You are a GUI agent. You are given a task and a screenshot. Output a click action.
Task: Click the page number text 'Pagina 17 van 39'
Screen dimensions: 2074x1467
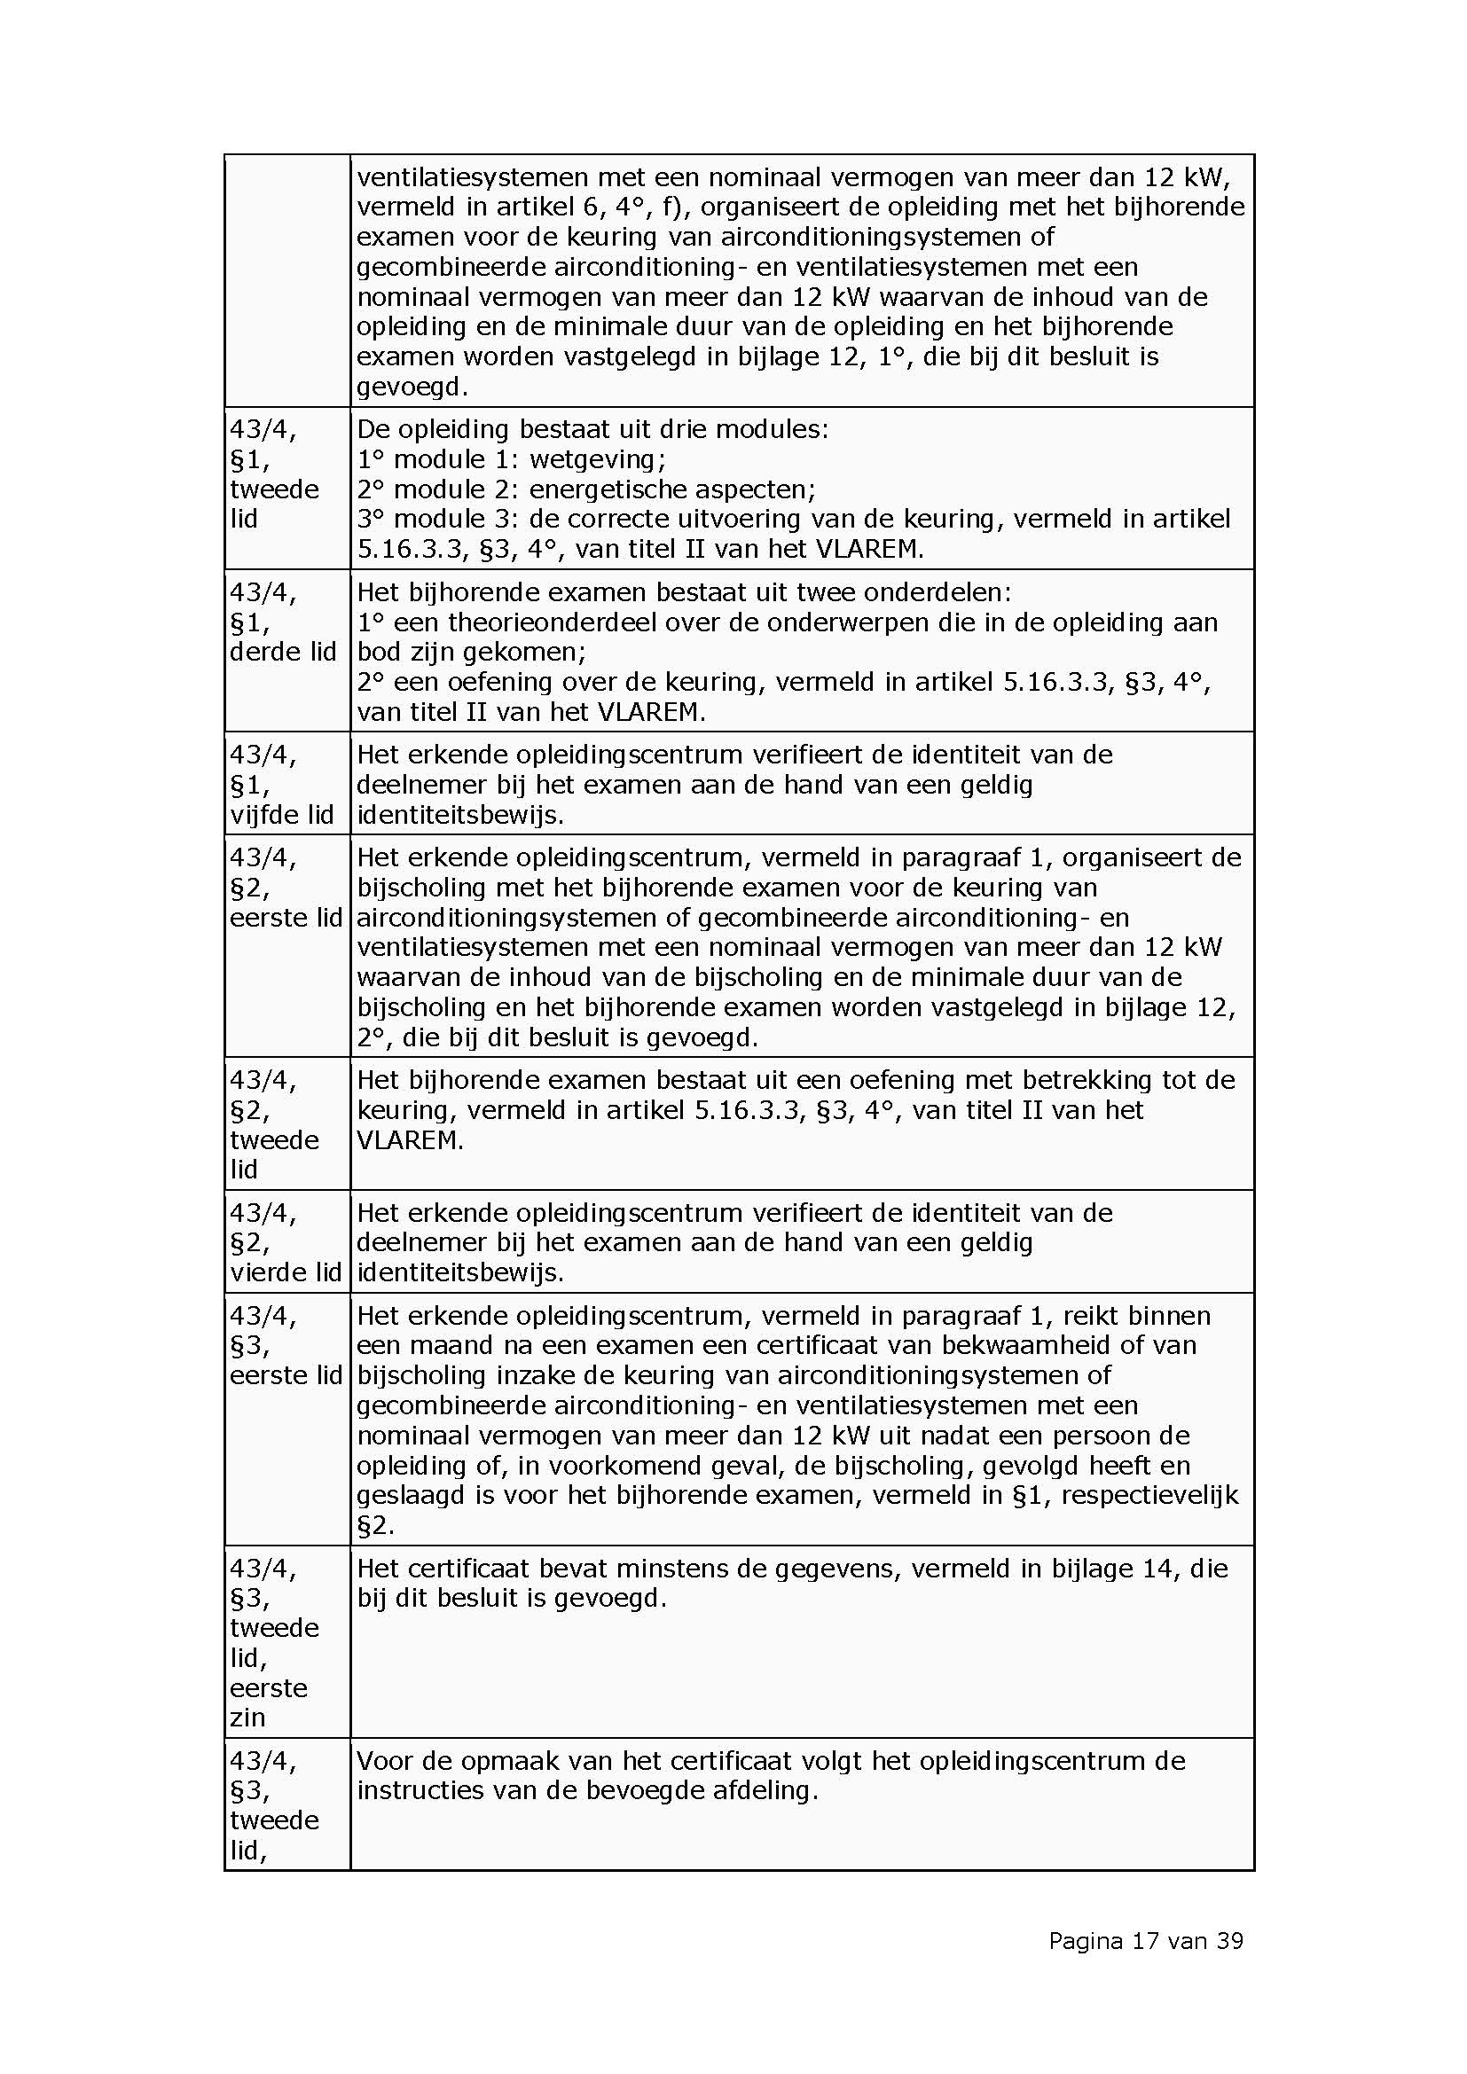tap(1145, 1940)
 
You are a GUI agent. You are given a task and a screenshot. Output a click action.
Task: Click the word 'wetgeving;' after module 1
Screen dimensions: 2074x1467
tap(597, 460)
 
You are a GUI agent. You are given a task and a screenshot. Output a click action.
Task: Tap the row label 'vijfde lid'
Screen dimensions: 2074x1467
tap(282, 815)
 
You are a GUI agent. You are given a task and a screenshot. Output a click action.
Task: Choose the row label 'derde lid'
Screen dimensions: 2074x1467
tap(283, 653)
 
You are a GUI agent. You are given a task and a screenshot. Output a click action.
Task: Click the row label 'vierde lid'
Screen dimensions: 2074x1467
tap(286, 1272)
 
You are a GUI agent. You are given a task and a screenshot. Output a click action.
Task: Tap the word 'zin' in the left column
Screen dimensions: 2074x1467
tap(247, 1718)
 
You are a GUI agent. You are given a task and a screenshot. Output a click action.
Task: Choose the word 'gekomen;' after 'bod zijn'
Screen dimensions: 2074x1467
tap(525, 653)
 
